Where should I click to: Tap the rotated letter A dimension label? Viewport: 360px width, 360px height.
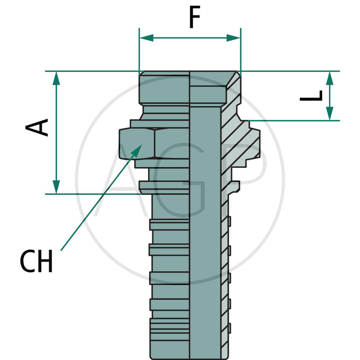(x=37, y=127)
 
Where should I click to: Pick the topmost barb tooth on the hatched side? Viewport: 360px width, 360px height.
(x=229, y=221)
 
